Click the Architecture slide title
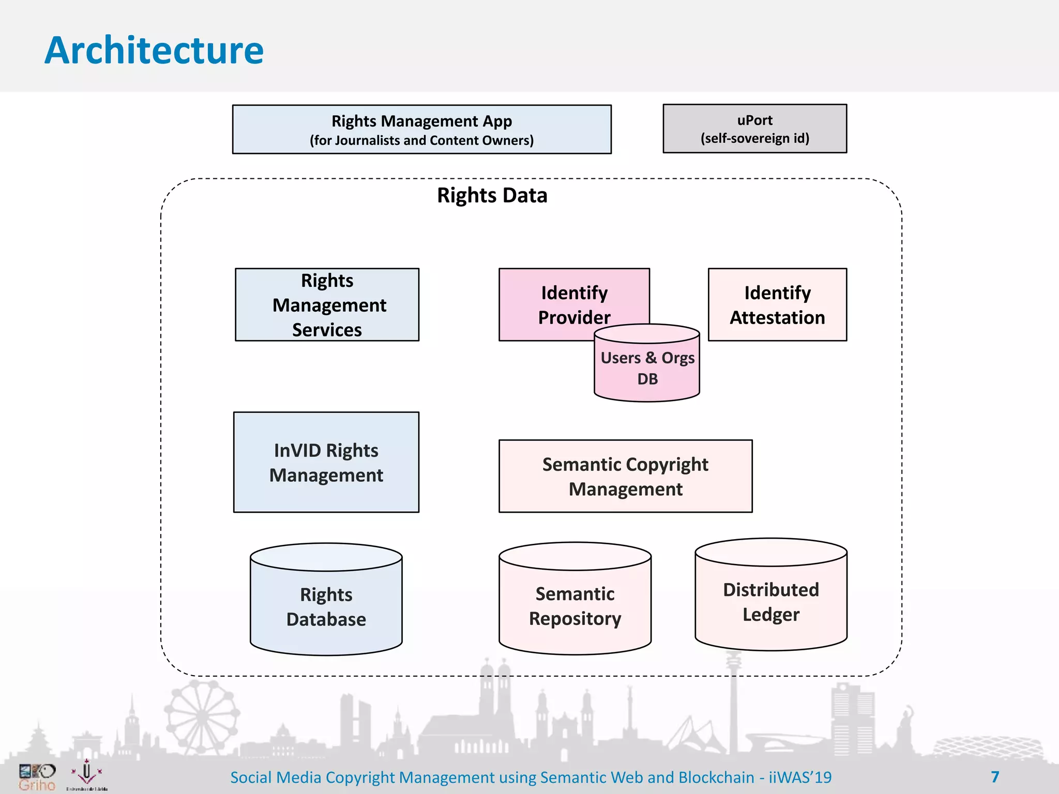tap(154, 51)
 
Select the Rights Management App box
tap(421, 129)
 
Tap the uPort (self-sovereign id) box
tap(754, 129)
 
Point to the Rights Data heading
tap(492, 195)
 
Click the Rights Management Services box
tap(327, 304)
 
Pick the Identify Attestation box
tap(777, 304)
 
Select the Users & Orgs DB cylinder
tap(647, 368)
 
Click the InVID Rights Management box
tap(326, 462)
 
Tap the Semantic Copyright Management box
tap(625, 476)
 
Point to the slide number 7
tap(995, 776)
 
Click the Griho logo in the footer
tap(37, 777)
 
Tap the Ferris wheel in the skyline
tap(202, 716)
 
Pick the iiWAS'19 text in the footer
tap(800, 777)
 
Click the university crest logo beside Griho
tap(87, 774)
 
